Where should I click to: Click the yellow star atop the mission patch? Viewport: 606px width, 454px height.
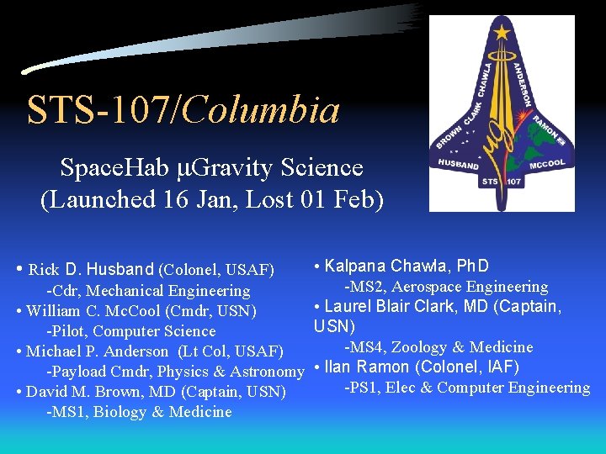point(502,34)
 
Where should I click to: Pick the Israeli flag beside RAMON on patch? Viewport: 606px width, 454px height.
point(557,137)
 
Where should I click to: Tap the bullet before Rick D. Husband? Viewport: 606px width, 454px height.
point(19,270)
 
